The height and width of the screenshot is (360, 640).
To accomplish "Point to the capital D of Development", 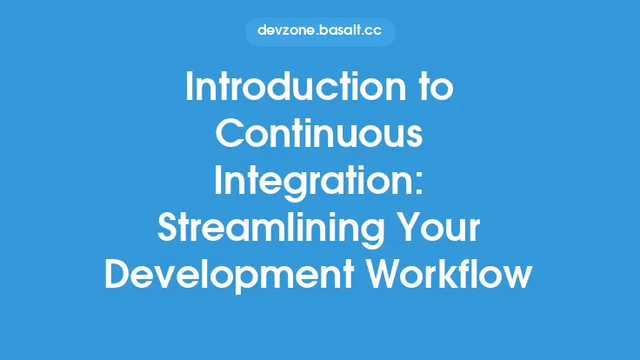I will [x=115, y=275].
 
